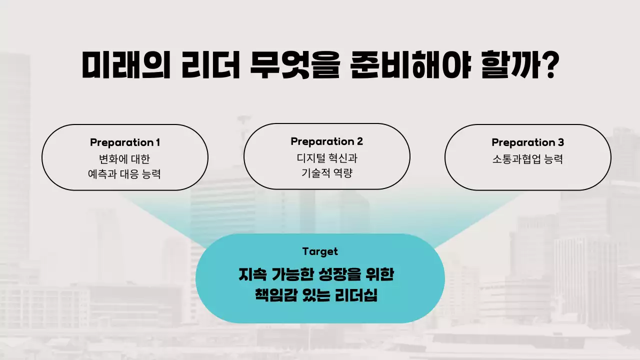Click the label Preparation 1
(x=125, y=142)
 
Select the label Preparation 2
(x=326, y=141)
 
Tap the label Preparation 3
(x=527, y=142)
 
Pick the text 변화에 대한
(x=125, y=159)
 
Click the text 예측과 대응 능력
(x=125, y=174)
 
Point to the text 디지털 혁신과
(x=326, y=158)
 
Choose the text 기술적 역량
(x=326, y=173)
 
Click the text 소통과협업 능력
(x=527, y=159)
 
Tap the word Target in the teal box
(x=320, y=251)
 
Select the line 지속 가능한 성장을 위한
(x=320, y=274)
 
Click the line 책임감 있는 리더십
(x=320, y=296)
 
